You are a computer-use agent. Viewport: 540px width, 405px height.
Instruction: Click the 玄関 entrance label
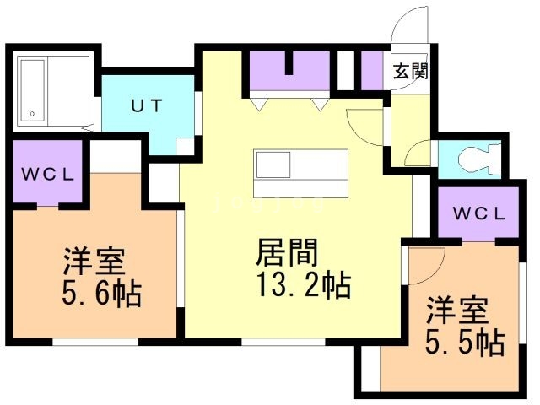pos(411,72)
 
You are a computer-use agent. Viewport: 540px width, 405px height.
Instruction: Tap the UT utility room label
pos(147,105)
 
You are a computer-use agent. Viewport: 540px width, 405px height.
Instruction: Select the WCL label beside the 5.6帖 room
pos(48,175)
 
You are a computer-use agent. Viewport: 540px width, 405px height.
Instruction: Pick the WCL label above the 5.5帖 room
pos(479,213)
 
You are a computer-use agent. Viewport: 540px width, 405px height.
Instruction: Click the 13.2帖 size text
pos(305,285)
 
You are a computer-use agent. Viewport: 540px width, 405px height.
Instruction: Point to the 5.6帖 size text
pos(102,294)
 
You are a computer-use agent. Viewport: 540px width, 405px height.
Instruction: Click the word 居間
pos(287,252)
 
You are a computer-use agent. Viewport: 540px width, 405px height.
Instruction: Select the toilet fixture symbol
pos(479,159)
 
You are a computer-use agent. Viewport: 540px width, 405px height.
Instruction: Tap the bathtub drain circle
pos(32,114)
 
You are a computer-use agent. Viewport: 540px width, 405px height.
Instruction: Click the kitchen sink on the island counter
pos(273,165)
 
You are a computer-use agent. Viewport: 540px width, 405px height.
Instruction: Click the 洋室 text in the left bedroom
pos(93,261)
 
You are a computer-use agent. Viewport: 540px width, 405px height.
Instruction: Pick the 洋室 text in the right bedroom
pos(457,310)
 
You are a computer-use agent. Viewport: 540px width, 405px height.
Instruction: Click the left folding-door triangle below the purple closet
pos(259,105)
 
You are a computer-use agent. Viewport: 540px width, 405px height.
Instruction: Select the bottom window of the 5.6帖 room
pos(95,342)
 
